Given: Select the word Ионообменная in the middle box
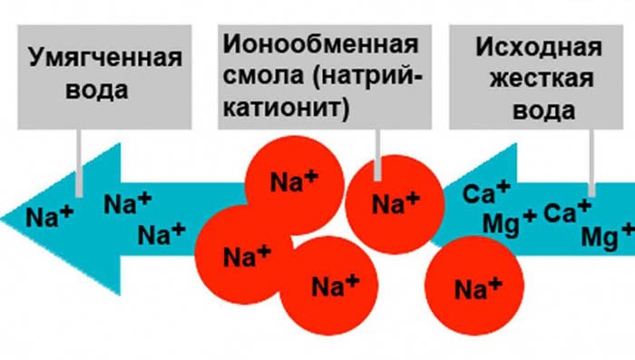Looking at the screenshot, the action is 319,44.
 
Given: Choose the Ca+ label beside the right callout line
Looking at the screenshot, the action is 567,213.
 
